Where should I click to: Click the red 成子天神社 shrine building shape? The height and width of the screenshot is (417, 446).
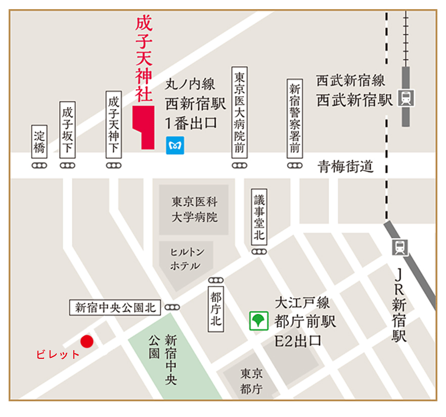click(143, 127)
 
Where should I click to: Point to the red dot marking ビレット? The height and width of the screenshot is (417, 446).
click(87, 342)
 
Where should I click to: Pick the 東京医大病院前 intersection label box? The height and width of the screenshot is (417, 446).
click(240, 112)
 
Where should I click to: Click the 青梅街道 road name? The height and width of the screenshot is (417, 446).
click(345, 166)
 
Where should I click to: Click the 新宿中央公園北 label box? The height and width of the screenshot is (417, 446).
click(116, 307)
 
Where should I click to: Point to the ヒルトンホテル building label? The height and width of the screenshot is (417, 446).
click(185, 259)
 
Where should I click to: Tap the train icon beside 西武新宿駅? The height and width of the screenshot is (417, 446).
click(406, 97)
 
